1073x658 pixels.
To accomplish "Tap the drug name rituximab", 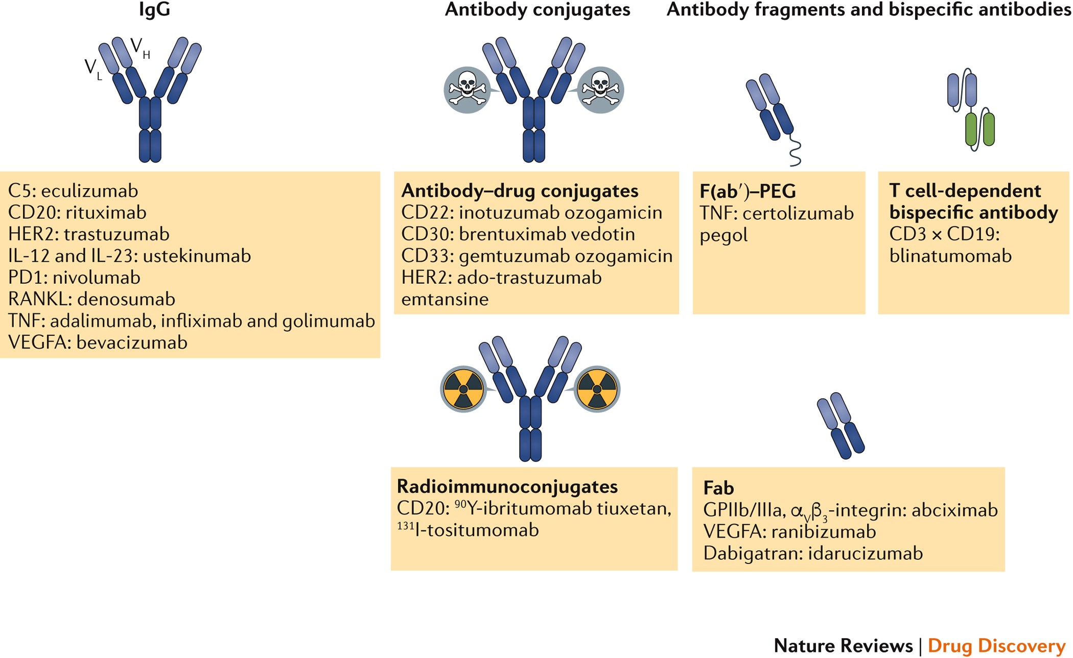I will click(106, 212).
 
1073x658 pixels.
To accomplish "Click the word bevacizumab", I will click(132, 342).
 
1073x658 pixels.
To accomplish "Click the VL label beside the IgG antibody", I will click(93, 69).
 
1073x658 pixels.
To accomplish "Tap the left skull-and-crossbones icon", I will click(467, 89).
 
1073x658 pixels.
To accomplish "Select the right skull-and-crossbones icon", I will click(600, 89).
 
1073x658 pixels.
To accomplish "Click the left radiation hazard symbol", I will click(463, 389).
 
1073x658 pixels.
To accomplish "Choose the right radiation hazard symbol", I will click(596, 389).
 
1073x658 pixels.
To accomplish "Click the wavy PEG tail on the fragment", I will click(795, 152).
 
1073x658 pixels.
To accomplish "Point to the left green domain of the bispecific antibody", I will click(971, 129).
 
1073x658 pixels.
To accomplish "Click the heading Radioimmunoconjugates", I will click(507, 486).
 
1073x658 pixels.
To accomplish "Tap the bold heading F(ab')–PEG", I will click(748, 191).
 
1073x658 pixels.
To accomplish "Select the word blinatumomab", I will click(950, 256).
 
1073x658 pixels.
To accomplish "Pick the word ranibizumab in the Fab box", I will click(824, 532).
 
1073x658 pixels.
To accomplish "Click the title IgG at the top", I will click(154, 10).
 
